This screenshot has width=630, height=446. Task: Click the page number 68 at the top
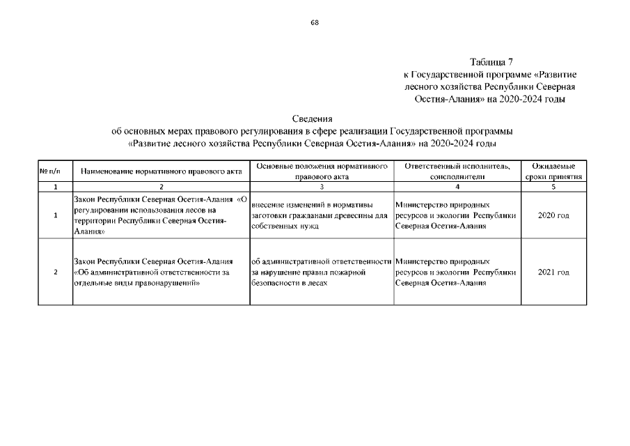point(315,22)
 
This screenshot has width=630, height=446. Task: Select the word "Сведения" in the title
point(313,118)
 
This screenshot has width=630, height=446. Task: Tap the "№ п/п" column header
point(54,171)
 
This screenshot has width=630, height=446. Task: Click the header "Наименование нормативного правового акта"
point(161,171)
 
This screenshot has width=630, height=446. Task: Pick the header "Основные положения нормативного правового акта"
point(322,171)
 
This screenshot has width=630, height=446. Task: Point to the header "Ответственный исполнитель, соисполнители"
point(457,171)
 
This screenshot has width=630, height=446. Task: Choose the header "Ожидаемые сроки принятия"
point(553,171)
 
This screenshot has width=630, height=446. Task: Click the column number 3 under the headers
point(322,187)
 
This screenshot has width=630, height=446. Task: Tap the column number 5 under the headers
point(553,187)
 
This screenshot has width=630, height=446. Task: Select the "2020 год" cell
point(553,215)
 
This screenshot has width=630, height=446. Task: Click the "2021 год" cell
point(553,272)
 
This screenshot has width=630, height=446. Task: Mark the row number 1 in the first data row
point(54,215)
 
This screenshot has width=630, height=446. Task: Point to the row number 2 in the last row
point(54,272)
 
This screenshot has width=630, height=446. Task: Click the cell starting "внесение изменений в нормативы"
point(319,215)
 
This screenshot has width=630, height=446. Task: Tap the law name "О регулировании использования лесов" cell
point(159,215)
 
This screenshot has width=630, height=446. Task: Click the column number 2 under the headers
point(161,187)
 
